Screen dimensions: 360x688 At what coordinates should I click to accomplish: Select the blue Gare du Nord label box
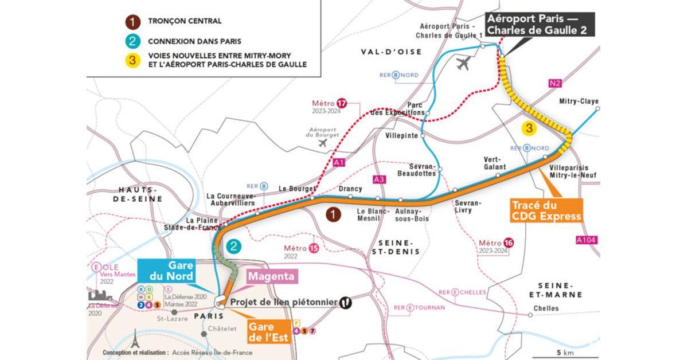point(167,272)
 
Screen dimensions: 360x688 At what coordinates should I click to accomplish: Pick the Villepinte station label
point(401,136)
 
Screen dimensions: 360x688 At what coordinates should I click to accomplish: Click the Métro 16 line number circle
point(507,242)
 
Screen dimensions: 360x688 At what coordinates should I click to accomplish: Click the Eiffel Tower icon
point(135,338)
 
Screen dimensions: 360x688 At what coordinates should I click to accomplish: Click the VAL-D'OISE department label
point(391,52)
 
